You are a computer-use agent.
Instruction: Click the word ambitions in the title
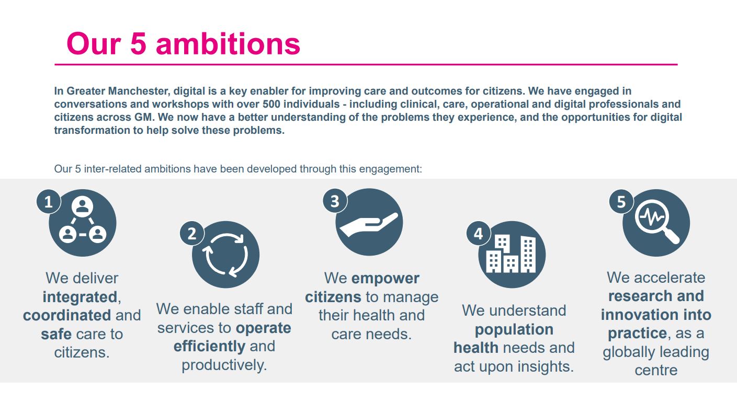(228, 43)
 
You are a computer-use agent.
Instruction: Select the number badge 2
(192, 233)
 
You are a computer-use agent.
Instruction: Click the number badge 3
(335, 201)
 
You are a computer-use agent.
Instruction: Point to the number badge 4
(478, 234)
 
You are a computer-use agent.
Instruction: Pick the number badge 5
(621, 202)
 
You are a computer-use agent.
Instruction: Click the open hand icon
(369, 223)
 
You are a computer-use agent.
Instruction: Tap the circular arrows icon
(225, 255)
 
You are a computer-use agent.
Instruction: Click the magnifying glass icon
(657, 223)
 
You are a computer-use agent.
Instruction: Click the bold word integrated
(80, 297)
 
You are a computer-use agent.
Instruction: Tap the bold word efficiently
(209, 346)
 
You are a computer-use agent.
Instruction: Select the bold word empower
(385, 278)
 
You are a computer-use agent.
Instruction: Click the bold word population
(514, 329)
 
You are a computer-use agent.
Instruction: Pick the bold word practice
(637, 333)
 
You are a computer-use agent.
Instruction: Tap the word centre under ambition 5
(656, 370)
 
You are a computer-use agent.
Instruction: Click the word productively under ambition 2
(224, 364)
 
